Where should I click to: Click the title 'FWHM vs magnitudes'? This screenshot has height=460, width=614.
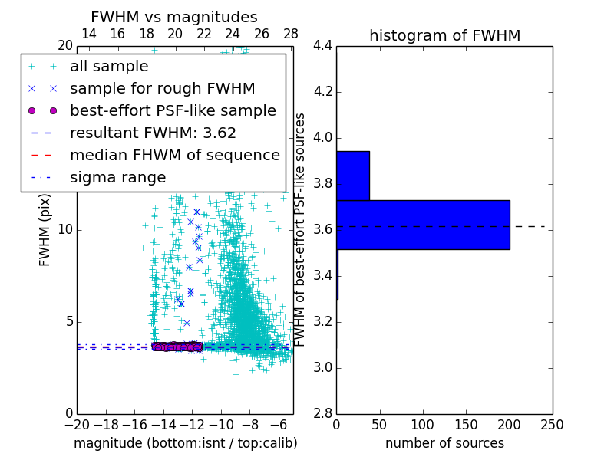[x=174, y=17]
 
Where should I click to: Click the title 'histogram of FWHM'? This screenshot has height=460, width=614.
[x=444, y=35]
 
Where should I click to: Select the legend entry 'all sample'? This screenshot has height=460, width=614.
[x=109, y=67]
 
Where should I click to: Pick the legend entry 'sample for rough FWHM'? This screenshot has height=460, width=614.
[x=162, y=89]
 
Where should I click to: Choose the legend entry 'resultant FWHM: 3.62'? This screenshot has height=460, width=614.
[x=153, y=133]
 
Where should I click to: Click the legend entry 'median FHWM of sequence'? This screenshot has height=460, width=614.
[x=174, y=156]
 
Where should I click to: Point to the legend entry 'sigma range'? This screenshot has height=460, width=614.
[x=117, y=178]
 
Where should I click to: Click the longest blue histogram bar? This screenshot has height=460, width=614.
[x=423, y=225]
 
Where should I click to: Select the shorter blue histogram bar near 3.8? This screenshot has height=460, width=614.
[x=353, y=176]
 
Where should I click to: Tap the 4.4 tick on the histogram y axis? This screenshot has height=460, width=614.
[x=322, y=46]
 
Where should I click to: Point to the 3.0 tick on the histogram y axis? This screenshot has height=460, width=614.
[x=322, y=368]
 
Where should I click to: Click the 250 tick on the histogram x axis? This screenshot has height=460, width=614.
[x=553, y=425]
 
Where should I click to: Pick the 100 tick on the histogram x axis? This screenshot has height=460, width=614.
[x=423, y=425]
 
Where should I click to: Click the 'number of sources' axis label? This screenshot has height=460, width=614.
[x=444, y=443]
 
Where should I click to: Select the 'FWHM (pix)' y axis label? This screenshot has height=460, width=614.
[x=45, y=230]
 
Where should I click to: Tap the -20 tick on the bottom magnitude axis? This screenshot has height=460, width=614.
[x=77, y=425]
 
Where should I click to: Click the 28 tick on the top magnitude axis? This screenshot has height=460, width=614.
[x=291, y=34]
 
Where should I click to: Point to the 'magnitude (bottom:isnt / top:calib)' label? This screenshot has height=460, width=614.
[x=185, y=443]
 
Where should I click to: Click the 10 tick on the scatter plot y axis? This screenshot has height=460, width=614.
[x=66, y=230]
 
